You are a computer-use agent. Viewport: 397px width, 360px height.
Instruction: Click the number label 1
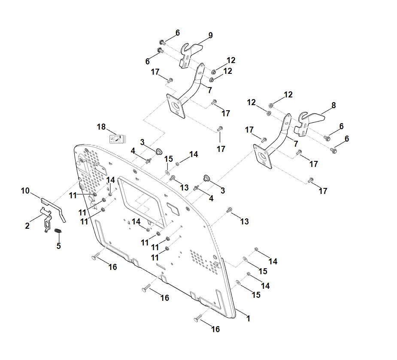(x=248, y=319)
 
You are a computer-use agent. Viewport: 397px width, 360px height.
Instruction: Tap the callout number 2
(x=27, y=226)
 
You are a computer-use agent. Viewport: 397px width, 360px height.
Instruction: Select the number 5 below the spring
(x=59, y=246)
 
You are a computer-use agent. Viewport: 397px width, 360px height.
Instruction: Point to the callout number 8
(x=333, y=105)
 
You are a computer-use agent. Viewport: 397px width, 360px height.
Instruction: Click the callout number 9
(x=210, y=35)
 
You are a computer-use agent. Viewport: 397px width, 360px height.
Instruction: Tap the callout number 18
(x=101, y=127)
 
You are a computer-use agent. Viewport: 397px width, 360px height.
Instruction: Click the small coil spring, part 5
(x=59, y=232)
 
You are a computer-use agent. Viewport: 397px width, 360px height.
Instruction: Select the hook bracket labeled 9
(x=187, y=55)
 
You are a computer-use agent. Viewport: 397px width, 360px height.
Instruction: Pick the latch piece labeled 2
(x=47, y=218)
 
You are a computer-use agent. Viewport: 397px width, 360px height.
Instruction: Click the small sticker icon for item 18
(x=116, y=139)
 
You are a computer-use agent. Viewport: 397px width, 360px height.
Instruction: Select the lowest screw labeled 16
(x=198, y=318)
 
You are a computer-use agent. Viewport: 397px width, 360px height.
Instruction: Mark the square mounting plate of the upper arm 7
(x=176, y=106)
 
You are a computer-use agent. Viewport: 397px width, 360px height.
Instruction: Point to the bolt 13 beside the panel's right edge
(x=229, y=210)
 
